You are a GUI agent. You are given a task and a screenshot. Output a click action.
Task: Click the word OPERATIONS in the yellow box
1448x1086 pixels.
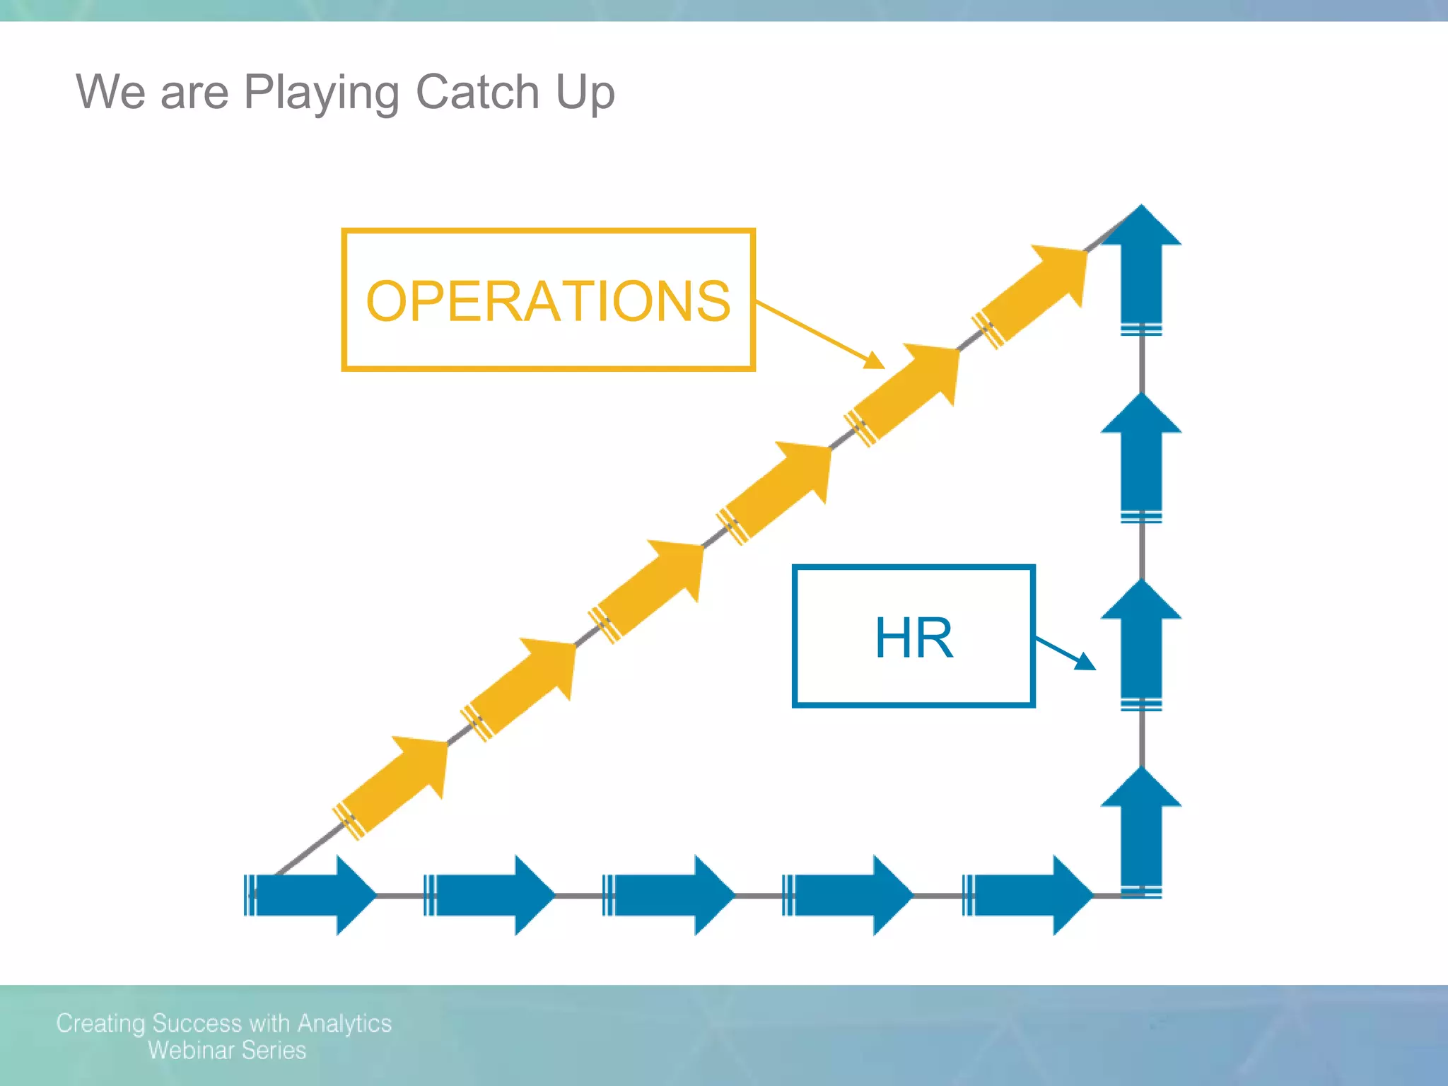pos(548,301)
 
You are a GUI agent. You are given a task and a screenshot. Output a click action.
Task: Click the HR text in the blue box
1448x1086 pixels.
pos(913,638)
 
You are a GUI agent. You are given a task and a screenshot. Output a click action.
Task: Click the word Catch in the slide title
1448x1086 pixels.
pos(477,92)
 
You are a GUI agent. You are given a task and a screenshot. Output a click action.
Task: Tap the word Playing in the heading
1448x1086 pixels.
pos(322,93)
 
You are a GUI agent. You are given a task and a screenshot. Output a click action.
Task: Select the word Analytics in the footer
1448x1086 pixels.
pos(344,1023)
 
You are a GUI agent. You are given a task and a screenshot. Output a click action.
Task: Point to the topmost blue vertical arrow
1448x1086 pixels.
pos(1141,269)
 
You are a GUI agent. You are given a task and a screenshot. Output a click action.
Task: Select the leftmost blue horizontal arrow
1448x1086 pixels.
pos(311,895)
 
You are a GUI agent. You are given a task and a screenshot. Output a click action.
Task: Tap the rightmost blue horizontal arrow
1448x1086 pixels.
pos(1029,895)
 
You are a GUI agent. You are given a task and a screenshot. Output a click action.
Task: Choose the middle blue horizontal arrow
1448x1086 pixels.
pos(670,895)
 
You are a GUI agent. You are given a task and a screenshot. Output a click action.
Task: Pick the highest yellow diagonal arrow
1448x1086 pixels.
pos(1036,293)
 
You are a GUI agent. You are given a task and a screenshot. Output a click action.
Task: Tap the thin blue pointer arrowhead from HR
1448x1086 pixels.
pos(1087,662)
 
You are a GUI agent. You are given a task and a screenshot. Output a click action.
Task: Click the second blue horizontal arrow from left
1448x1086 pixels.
pos(491,895)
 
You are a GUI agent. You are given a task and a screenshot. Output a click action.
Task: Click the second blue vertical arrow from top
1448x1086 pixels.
pos(1141,456)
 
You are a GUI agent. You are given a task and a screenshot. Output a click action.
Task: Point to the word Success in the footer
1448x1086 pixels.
pos(197,1023)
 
